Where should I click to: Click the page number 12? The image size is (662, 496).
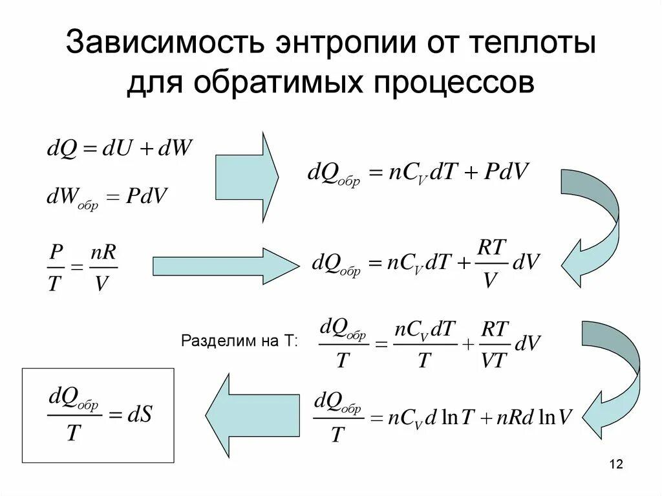[x=615, y=464]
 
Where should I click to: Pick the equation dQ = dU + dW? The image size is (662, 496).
[x=120, y=149]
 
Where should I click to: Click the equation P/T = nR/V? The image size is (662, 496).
[x=83, y=266]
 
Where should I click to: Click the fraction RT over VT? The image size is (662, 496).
[x=495, y=345]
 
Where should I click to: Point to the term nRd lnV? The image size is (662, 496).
[x=535, y=418]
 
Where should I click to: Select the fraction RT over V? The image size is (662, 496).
[x=492, y=264]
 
